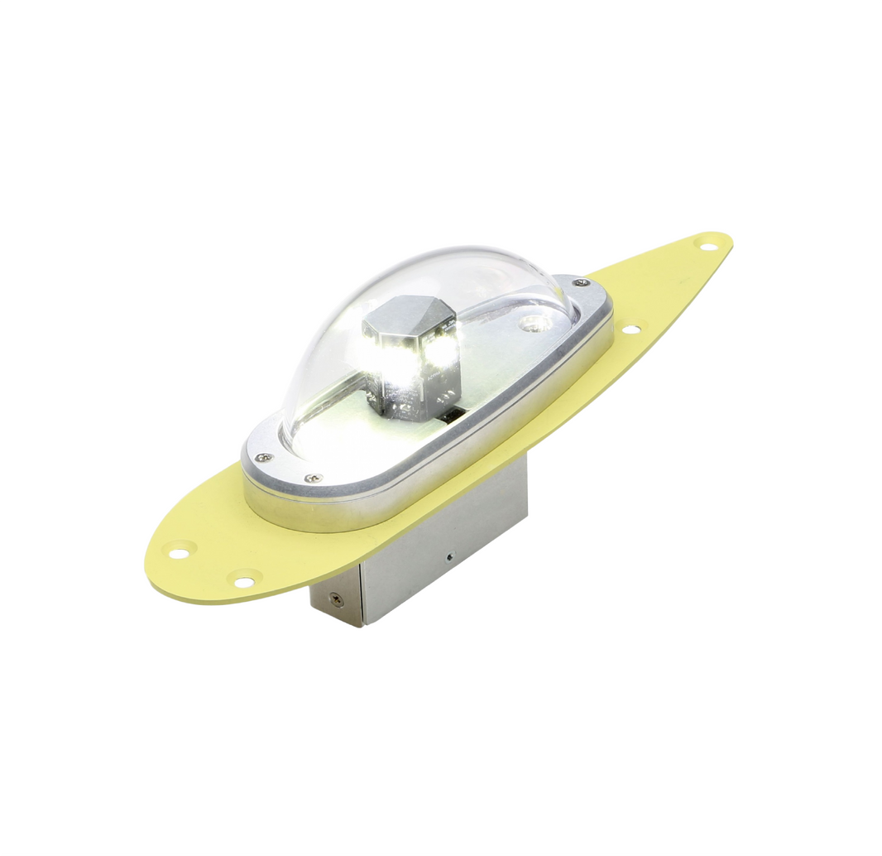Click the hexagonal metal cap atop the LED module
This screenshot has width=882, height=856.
pos(410,316)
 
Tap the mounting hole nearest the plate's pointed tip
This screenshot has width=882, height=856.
pos(706,244)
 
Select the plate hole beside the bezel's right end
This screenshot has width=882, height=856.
pos(630,329)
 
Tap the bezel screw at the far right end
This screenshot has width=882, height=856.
pos(582,283)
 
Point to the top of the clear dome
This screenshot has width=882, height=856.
pos(430,261)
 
